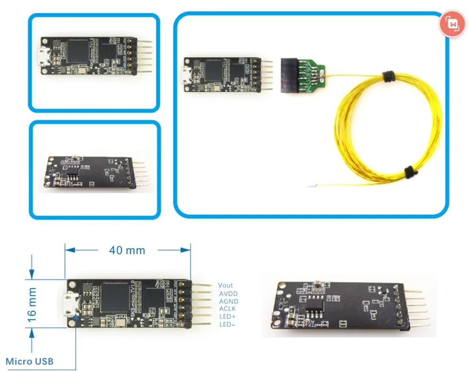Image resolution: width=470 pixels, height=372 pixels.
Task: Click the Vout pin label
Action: [x=225, y=285]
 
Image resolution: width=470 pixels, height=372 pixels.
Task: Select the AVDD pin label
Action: [x=228, y=293]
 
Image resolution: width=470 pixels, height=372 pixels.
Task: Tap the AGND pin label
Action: [x=228, y=301]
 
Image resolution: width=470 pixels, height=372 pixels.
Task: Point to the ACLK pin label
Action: [x=228, y=309]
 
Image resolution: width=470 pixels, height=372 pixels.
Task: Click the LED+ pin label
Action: [x=227, y=317]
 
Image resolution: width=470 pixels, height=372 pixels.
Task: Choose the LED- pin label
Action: [x=227, y=325]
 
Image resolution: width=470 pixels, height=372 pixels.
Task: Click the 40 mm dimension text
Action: [x=127, y=250]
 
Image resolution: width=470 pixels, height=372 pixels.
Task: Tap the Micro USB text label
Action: [x=30, y=361]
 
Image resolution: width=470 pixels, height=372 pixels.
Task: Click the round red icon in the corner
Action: [x=453, y=24]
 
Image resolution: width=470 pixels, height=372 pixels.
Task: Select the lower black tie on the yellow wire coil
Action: [x=407, y=172]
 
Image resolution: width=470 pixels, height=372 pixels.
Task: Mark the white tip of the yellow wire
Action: [x=312, y=186]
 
